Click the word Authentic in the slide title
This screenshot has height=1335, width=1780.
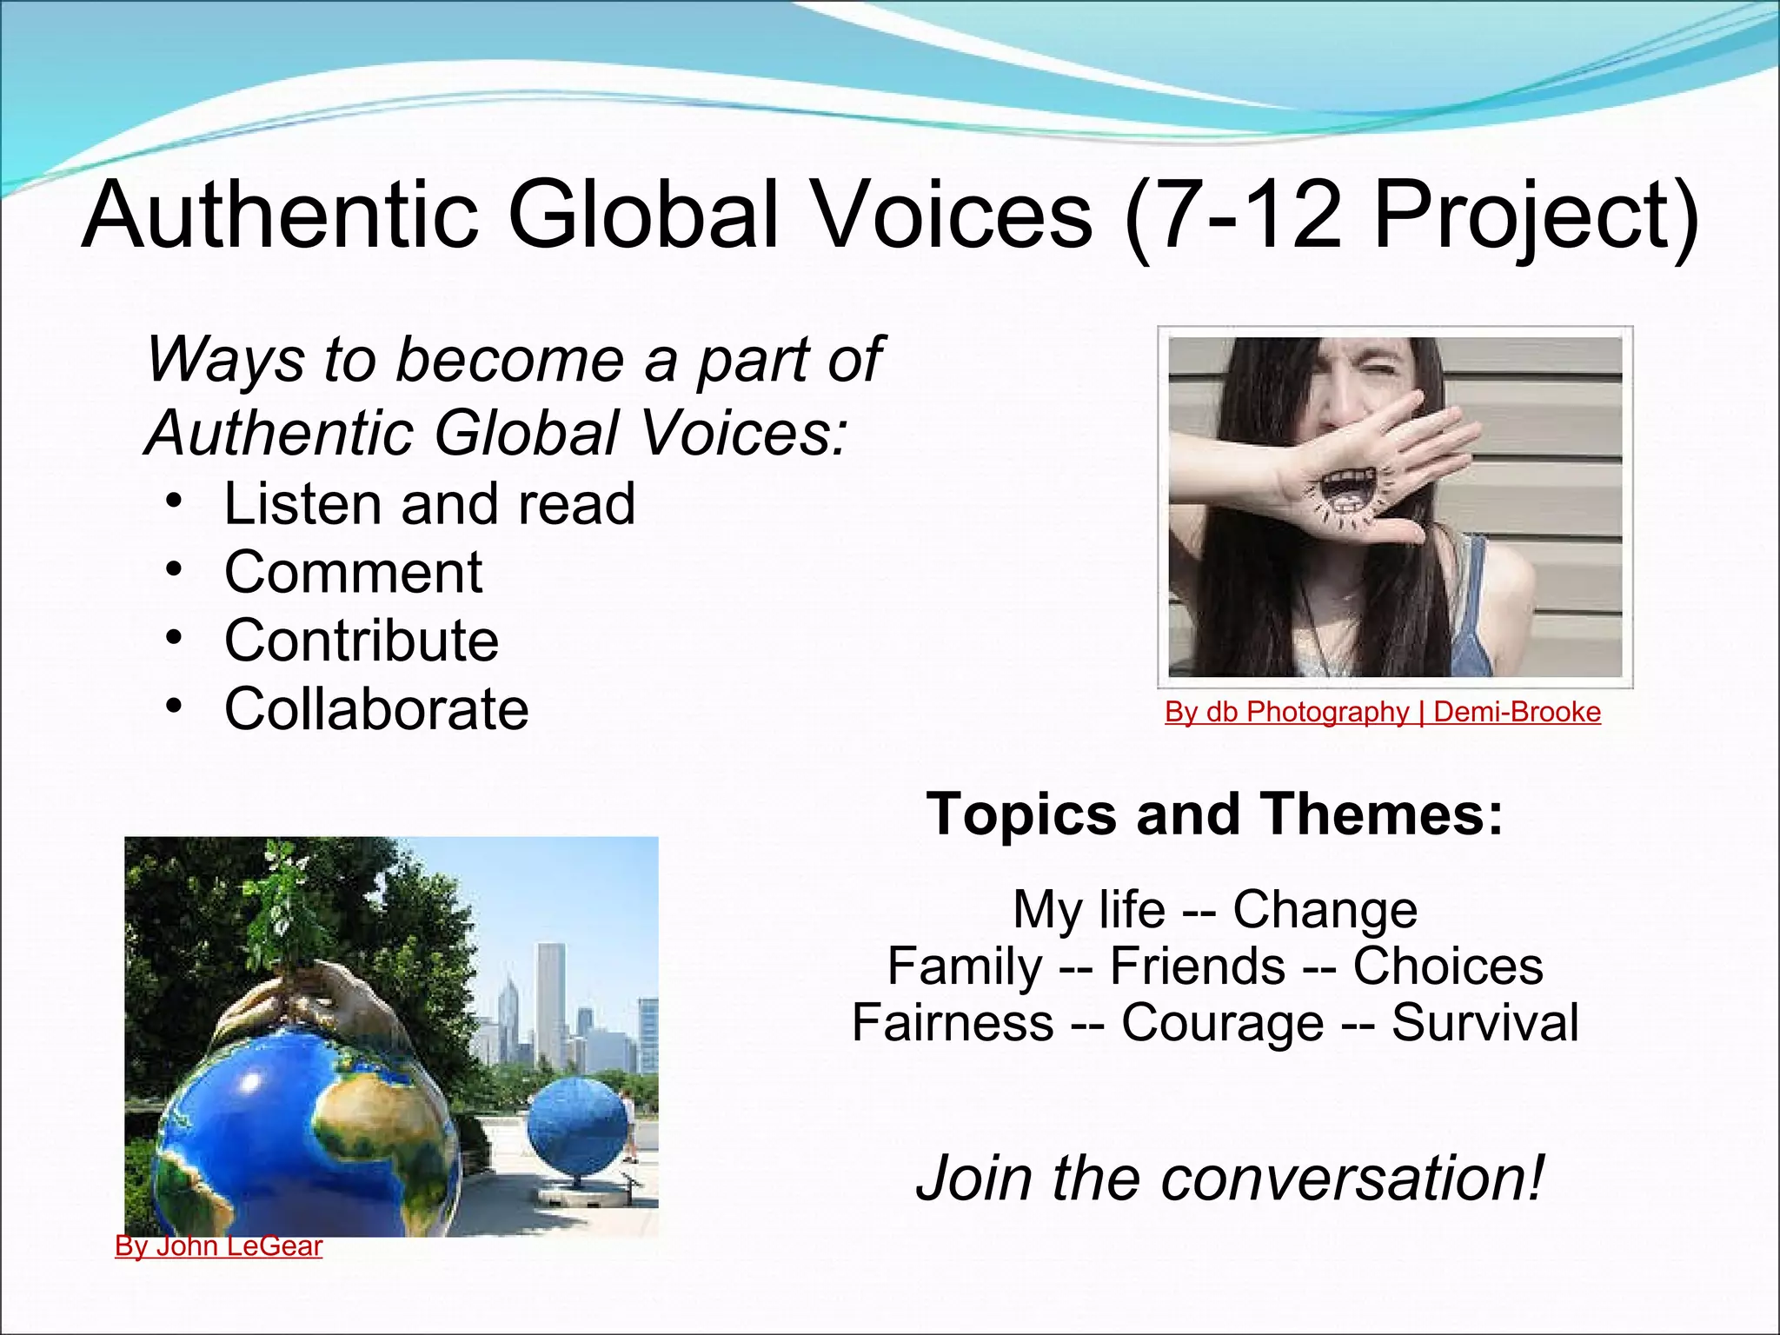pos(280,215)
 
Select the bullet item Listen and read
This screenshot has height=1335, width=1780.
pos(429,504)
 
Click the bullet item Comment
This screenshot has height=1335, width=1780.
pos(353,573)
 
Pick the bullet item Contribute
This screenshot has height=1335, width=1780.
pos(362,641)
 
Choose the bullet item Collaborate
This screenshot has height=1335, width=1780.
pos(376,709)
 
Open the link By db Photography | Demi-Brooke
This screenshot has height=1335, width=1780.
pos(1382,712)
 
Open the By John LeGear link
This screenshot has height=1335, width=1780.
pos(219,1246)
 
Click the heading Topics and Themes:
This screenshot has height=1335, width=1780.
pos(1214,814)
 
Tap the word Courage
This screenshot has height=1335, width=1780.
pos(1222,1023)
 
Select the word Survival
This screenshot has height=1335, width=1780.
pos(1484,1023)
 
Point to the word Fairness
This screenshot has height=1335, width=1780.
pos(952,1023)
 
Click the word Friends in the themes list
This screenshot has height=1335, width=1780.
pos(1197,966)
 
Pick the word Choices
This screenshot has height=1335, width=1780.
pos(1447,966)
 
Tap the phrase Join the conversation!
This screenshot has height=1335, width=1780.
pos(1230,1178)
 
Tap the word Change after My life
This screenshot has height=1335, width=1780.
pos(1325,910)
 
